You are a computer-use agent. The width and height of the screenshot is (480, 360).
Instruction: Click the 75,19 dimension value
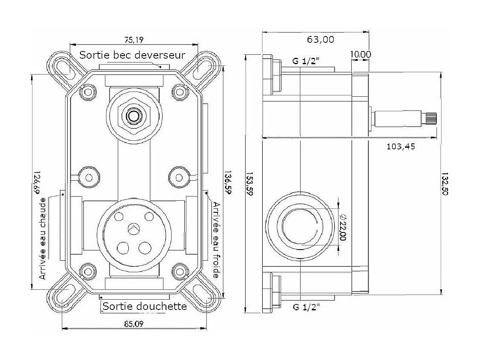tap(134, 40)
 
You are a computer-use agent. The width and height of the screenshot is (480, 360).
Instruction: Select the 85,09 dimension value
tap(134, 324)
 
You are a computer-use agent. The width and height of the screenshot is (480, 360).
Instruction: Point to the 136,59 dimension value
tap(228, 182)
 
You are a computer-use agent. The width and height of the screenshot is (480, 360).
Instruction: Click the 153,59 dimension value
tap(249, 184)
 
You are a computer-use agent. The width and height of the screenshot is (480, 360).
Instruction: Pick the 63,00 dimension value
tap(320, 39)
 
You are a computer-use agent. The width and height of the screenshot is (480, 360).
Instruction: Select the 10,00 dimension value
tap(361, 54)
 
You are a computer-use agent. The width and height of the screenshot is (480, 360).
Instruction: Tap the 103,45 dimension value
tap(401, 147)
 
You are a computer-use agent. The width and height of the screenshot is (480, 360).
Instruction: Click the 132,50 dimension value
tap(444, 184)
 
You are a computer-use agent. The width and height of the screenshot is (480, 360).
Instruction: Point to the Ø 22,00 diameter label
tap(343, 227)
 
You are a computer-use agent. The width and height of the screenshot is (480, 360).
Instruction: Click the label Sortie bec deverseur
tap(132, 55)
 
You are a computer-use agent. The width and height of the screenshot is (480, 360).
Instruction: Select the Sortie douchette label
tap(145, 306)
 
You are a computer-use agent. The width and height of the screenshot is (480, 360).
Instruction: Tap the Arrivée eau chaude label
tap(43, 238)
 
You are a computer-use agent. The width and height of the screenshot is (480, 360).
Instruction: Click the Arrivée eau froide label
tap(216, 240)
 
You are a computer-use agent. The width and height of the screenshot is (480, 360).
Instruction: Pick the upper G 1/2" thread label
tap(306, 61)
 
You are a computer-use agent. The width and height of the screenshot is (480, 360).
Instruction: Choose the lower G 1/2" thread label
tap(306, 306)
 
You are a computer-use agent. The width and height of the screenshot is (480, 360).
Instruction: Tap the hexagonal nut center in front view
tap(134, 116)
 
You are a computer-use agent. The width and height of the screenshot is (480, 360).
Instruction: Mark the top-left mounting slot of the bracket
tap(65, 68)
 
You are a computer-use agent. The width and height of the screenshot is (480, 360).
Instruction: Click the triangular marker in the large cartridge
tap(134, 228)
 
